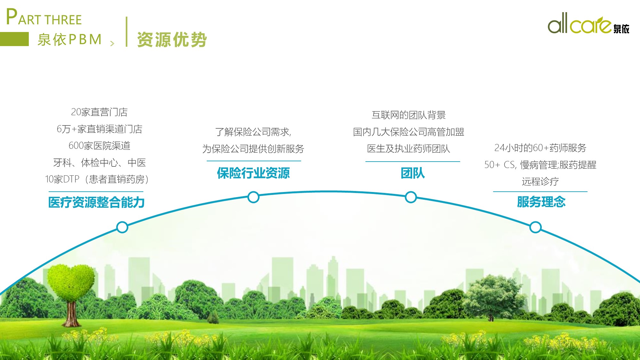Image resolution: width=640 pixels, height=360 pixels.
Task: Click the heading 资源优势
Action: pos(172,40)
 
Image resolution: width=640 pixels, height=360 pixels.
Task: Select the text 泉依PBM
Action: pos(69,40)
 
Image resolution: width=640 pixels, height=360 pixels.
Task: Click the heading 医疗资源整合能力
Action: pos(96,202)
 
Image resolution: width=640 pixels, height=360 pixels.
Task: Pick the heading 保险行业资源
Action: pos(253,173)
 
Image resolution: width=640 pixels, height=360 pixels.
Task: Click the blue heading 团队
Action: pos(413,173)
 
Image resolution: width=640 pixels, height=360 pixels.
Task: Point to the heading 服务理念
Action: pos(541,202)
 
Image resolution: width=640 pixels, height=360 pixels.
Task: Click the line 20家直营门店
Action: pos(99,112)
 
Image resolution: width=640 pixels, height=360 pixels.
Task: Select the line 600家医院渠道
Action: pos(100,146)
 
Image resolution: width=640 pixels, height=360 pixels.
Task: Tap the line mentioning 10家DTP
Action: pos(97,179)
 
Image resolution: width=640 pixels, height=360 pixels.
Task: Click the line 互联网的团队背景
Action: pos(409,115)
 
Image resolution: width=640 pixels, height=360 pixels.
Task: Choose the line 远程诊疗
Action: pos(540,181)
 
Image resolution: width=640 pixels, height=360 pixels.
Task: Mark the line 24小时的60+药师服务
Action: pos(540,148)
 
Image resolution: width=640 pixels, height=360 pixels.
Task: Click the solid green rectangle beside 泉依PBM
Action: pos(14,39)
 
